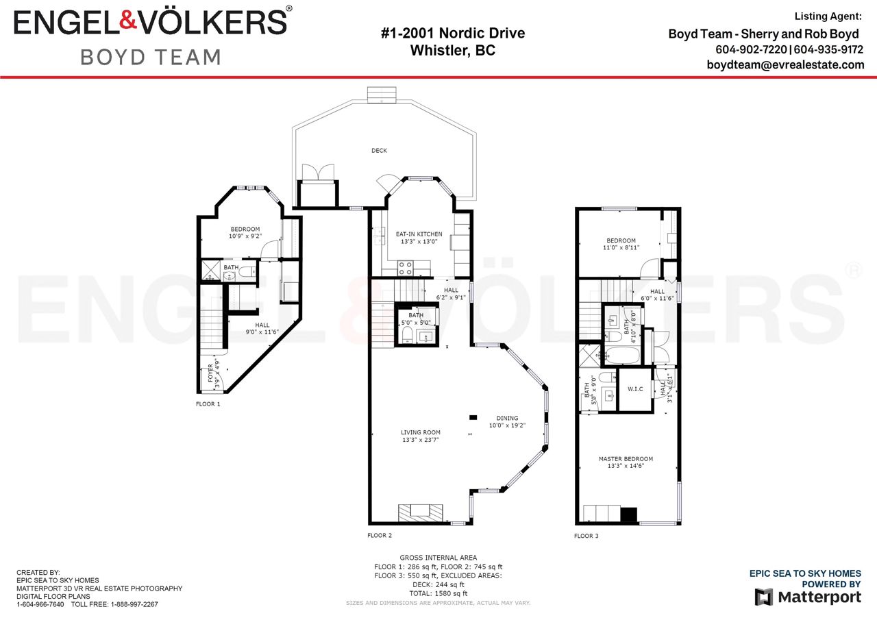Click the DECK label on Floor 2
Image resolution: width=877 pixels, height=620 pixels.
(x=379, y=151)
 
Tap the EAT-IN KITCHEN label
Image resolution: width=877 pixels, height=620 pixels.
(x=419, y=234)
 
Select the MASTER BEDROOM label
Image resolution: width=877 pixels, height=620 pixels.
(x=626, y=459)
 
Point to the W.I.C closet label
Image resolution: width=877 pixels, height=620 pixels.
(x=635, y=389)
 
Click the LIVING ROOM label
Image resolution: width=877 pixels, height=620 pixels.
(x=421, y=432)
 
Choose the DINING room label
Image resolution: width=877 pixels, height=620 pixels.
(x=507, y=418)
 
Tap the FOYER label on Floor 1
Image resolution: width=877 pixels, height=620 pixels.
(x=210, y=373)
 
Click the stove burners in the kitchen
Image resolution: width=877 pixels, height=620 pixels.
(x=405, y=268)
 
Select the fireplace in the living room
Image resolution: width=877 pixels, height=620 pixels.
(x=421, y=512)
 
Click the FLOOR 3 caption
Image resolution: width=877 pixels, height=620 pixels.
(x=586, y=536)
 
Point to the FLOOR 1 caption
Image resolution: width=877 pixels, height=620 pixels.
(x=208, y=404)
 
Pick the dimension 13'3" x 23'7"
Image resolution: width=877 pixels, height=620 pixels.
(x=421, y=440)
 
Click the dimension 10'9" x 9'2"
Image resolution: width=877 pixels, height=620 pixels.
(x=245, y=236)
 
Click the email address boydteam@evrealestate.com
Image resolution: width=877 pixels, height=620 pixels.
(x=785, y=64)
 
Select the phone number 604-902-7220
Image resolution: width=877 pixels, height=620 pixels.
(x=751, y=50)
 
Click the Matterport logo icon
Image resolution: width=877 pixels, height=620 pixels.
(x=763, y=597)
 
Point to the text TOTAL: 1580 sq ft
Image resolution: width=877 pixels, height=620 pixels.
(x=438, y=594)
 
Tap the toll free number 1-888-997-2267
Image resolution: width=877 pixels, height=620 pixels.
(x=134, y=605)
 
